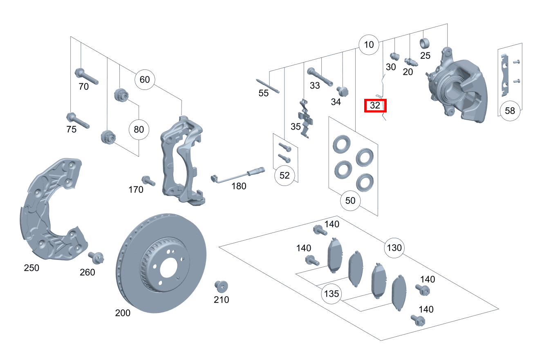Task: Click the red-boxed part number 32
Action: [375, 106]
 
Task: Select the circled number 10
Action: [369, 45]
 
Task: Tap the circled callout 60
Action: [145, 79]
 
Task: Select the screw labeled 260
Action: [96, 257]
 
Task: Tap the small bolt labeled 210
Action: [221, 286]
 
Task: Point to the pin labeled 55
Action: [268, 85]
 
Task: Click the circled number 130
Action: [394, 248]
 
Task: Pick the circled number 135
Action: [331, 293]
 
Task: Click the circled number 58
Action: [510, 110]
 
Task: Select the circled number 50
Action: [351, 201]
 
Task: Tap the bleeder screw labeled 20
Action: [410, 62]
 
